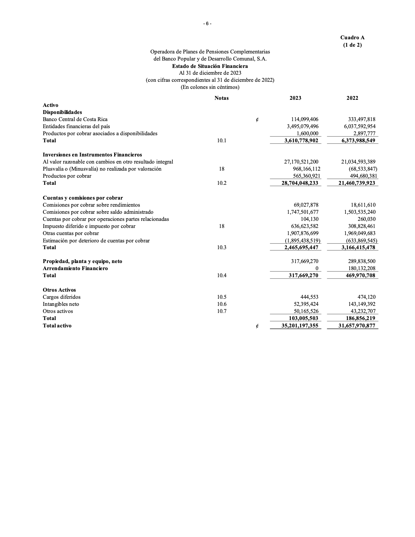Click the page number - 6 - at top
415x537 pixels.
[207, 24]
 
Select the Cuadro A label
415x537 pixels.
[352, 38]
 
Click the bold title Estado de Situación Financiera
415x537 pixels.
[210, 66]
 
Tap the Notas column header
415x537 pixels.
[221, 98]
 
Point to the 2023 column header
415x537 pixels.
[295, 98]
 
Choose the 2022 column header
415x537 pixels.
[352, 98]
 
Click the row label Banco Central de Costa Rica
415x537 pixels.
[75, 119]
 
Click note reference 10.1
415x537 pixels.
[221, 140]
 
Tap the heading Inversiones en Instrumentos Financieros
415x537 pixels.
[92, 155]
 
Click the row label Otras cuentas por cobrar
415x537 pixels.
[71, 233]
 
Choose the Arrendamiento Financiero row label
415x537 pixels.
[75, 268]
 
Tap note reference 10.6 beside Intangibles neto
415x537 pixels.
[221, 304]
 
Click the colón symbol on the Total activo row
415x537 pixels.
[257, 326]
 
